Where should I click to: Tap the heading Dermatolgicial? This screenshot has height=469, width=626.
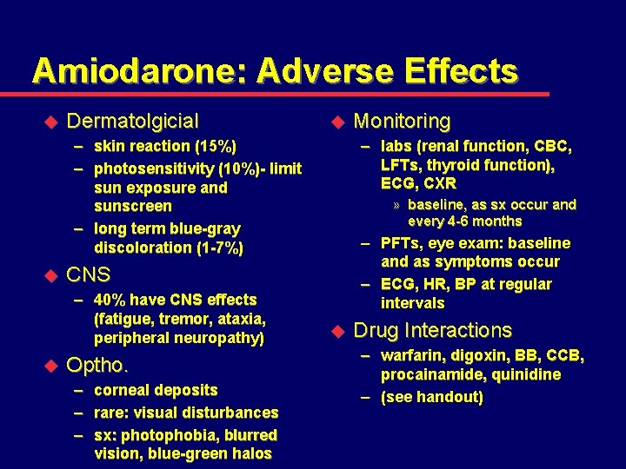coord(132,121)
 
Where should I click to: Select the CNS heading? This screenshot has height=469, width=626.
coord(89,275)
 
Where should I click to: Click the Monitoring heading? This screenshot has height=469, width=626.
coord(402,121)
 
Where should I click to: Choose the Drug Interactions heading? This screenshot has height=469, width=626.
coord(432,330)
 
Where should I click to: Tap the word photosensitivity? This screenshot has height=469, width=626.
coord(153,168)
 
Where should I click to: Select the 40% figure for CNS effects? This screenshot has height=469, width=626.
coord(110,300)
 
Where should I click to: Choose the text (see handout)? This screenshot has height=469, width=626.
coord(431,397)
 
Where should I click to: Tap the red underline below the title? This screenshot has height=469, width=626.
coord(287,94)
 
